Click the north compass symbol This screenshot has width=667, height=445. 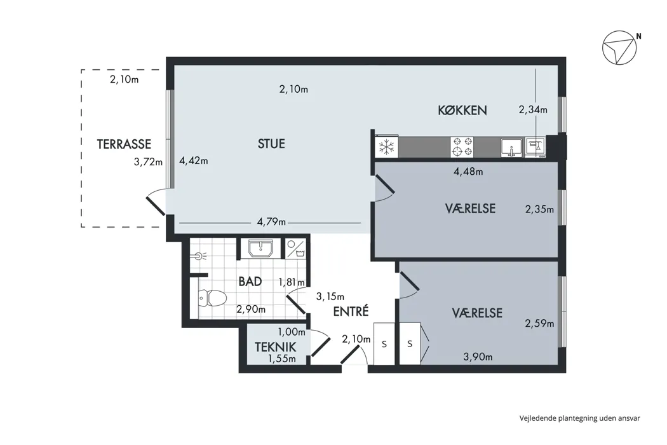(619, 48)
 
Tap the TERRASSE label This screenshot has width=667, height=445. (124, 144)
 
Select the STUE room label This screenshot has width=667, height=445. (271, 144)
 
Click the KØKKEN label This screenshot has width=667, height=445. (462, 110)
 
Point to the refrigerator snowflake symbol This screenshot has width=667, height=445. (386, 147)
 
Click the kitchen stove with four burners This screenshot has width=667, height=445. (462, 147)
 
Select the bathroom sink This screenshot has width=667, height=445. (260, 248)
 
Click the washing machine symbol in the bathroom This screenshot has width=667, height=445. (295, 248)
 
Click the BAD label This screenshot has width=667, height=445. (250, 281)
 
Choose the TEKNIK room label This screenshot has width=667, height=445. (274, 347)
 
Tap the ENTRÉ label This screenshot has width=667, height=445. (351, 311)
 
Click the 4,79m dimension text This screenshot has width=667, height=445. (271, 222)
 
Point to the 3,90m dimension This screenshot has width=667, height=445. (478, 357)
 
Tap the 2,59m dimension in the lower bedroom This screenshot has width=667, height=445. (539, 324)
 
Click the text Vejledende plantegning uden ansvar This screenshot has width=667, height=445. (579, 418)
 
